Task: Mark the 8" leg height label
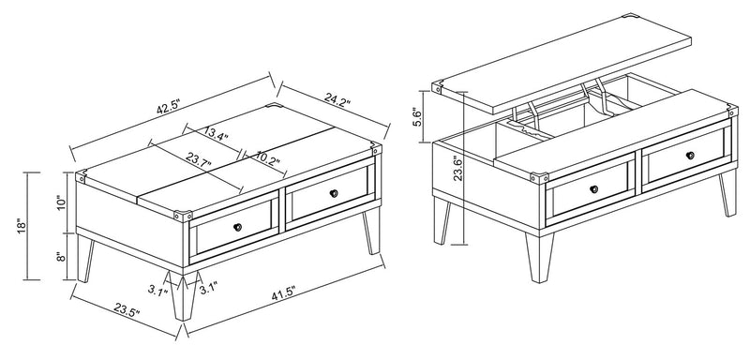pos(62,257)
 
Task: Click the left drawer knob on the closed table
pos(237,227)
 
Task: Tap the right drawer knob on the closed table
pos(334,192)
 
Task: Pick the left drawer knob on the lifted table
pos(594,188)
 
